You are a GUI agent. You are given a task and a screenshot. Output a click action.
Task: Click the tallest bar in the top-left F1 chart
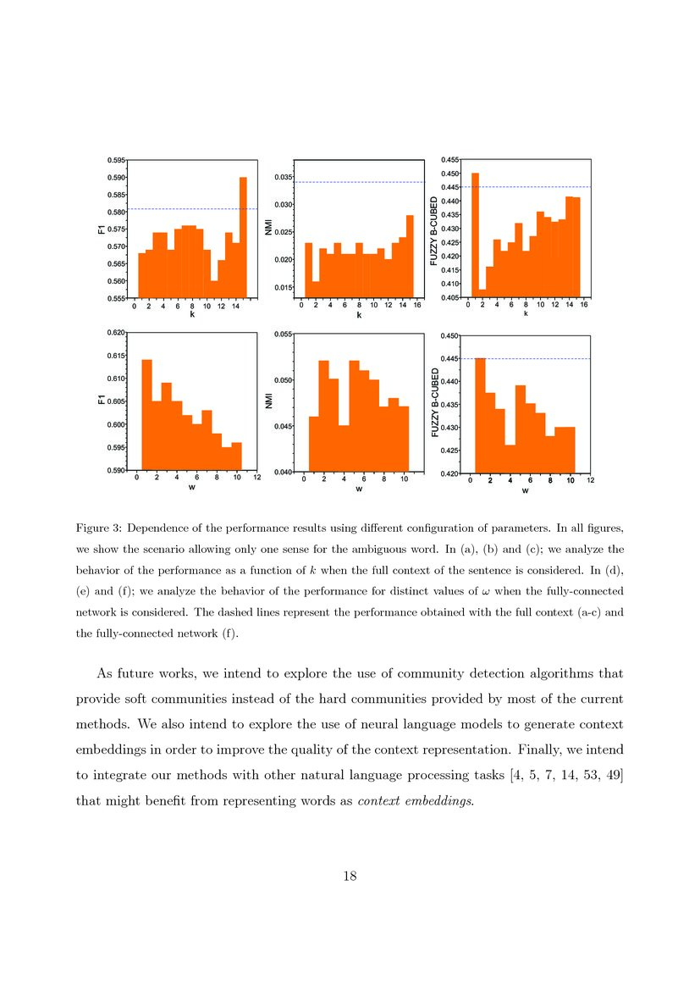tap(243, 237)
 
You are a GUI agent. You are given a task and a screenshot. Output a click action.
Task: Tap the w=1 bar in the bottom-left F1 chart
tap(146, 415)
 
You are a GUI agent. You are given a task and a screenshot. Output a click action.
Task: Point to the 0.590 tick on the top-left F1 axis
tap(116, 177)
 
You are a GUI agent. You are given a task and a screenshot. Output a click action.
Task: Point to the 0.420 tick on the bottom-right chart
tap(450, 473)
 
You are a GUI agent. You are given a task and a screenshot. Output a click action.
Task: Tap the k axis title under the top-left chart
tap(192, 314)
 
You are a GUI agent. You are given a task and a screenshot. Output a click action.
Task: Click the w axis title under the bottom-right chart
tap(526, 491)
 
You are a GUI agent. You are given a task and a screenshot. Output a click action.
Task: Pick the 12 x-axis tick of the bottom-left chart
tap(256, 478)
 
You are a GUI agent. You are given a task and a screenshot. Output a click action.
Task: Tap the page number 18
tap(350, 876)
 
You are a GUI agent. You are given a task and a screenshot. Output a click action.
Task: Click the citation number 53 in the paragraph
tap(581, 779)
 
